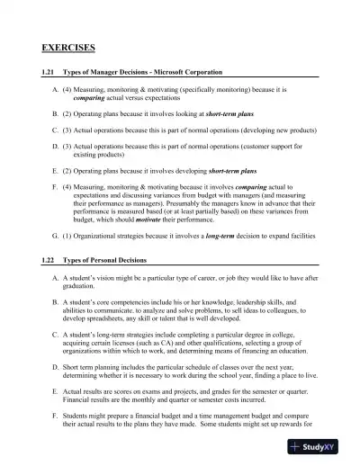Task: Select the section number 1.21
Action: click(52, 71)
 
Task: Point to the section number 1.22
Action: click(52, 284)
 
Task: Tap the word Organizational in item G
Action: click(112, 260)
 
